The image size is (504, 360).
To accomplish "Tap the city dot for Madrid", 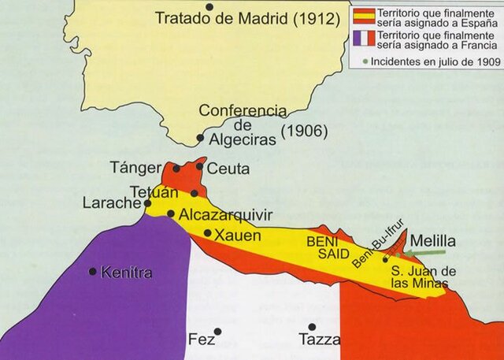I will click(x=209, y=6).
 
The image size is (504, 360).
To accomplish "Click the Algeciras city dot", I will click(x=200, y=138).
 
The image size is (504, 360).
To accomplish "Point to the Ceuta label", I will click(x=229, y=169).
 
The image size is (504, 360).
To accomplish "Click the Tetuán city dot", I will click(x=194, y=193).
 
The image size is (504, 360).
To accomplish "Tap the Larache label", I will click(x=110, y=202).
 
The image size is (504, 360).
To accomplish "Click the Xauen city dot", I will click(x=207, y=233).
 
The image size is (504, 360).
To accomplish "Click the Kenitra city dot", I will click(x=93, y=272).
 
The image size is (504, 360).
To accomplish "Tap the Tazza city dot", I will click(x=312, y=327).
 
